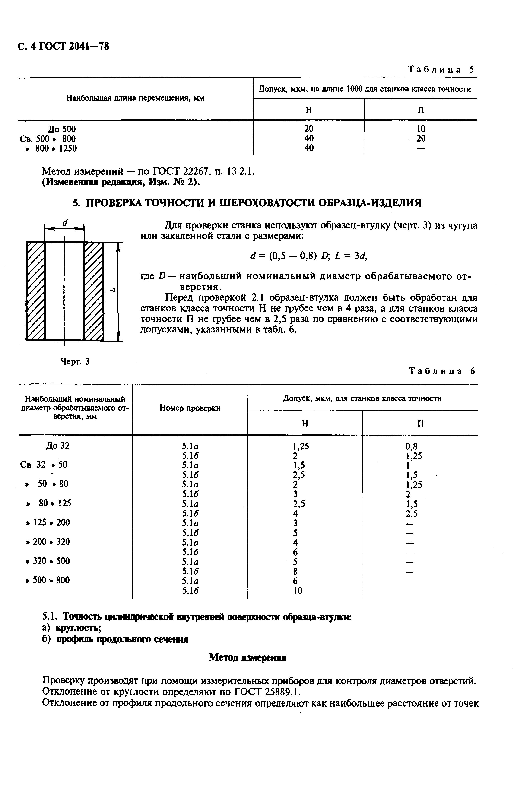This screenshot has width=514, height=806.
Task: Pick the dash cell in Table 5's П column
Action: [x=421, y=148]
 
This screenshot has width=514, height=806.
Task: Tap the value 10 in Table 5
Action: [x=421, y=129]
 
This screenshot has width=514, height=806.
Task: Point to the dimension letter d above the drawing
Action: [x=65, y=223]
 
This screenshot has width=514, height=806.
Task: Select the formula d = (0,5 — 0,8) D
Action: [x=290, y=256]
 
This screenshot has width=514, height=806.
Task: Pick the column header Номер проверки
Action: [x=190, y=408]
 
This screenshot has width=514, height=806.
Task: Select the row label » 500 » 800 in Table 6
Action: [x=48, y=580]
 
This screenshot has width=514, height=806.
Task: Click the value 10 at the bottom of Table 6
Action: [x=298, y=591]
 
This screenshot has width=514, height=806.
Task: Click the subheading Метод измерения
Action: [x=247, y=658]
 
